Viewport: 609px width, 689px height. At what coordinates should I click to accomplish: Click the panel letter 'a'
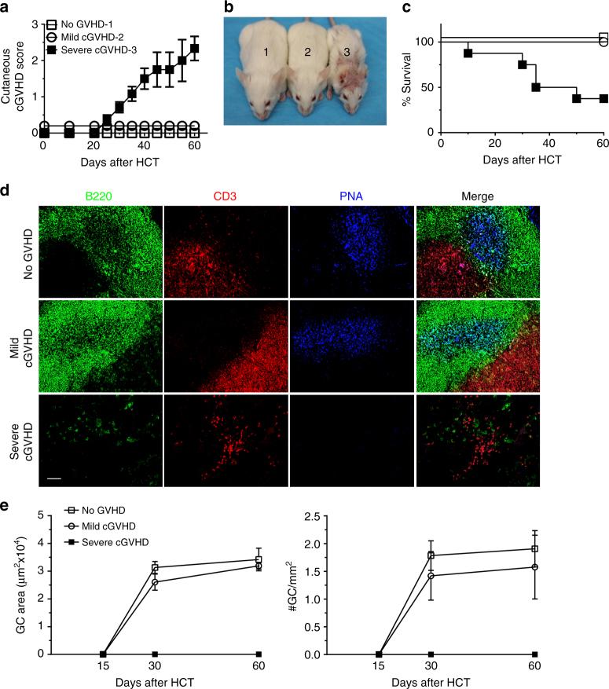pyautogui.click(x=6, y=8)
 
